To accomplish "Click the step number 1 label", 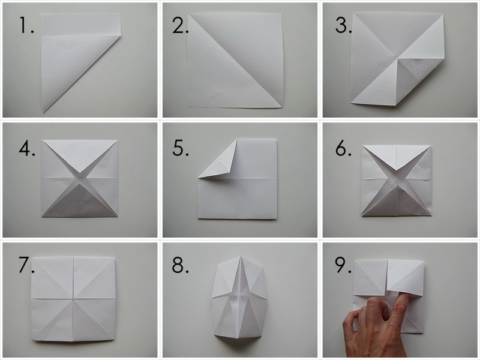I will point(26,26).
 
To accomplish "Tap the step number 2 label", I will point(180,25).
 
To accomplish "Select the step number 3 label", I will point(343,25).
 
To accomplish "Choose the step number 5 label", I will point(181,148).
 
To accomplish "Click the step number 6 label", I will point(343,149).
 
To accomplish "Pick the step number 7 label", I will point(26,266).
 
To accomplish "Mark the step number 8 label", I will point(181,265).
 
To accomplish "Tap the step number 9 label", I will point(343,266).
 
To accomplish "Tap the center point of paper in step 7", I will point(74,298).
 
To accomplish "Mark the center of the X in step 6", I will point(397,179).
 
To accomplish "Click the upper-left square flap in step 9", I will point(369,278).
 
